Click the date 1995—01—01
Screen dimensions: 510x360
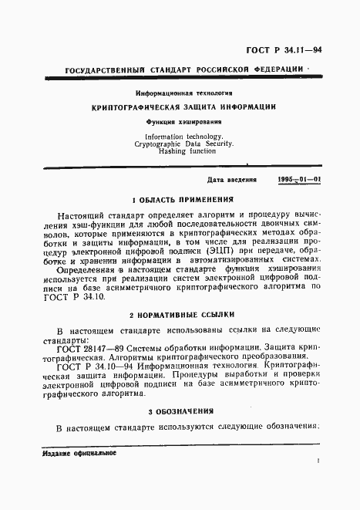(x=300, y=178)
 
